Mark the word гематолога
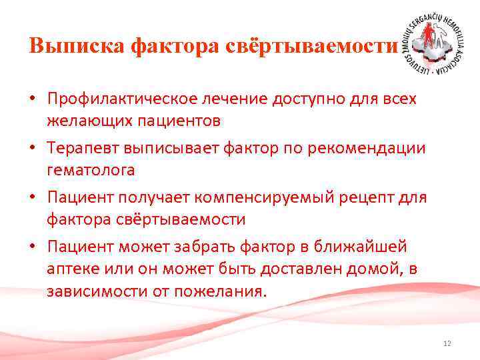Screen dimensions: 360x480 [x=91, y=170]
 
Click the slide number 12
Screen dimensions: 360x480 [x=447, y=343]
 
